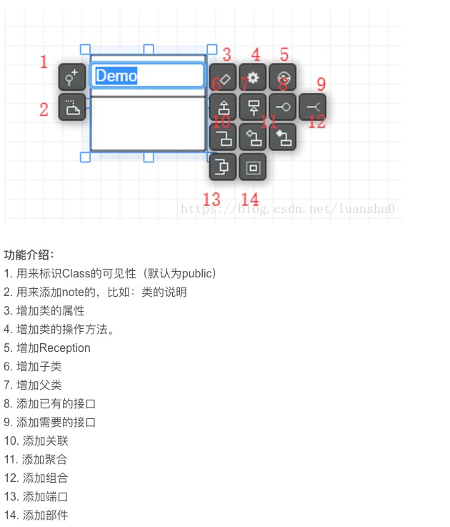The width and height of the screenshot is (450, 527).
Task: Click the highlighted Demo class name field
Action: click(x=148, y=76)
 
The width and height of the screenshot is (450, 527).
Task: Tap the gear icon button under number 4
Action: click(x=253, y=77)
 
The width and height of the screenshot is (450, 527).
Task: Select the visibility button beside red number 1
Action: click(x=71, y=77)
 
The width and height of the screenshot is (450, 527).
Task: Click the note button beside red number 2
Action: click(x=71, y=107)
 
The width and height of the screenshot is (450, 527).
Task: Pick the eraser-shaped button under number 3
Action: click(x=223, y=77)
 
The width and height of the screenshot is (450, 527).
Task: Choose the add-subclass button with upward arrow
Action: click(x=223, y=107)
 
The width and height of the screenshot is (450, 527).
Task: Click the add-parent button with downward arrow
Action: click(x=253, y=107)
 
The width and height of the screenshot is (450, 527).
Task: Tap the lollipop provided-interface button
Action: click(x=283, y=107)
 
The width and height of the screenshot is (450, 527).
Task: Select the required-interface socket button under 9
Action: click(x=313, y=107)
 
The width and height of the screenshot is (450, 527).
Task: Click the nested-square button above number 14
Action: click(x=253, y=167)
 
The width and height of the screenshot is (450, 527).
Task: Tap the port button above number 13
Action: click(x=223, y=167)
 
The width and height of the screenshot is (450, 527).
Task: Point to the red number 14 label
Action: click(x=250, y=199)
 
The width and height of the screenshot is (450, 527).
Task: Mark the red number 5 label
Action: click(x=284, y=54)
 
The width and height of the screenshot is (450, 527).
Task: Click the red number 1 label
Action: click(x=44, y=62)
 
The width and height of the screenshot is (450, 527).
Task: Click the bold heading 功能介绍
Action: click(x=29, y=255)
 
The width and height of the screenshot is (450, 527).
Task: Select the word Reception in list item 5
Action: click(x=65, y=348)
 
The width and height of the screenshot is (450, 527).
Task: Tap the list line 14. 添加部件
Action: click(x=36, y=515)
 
